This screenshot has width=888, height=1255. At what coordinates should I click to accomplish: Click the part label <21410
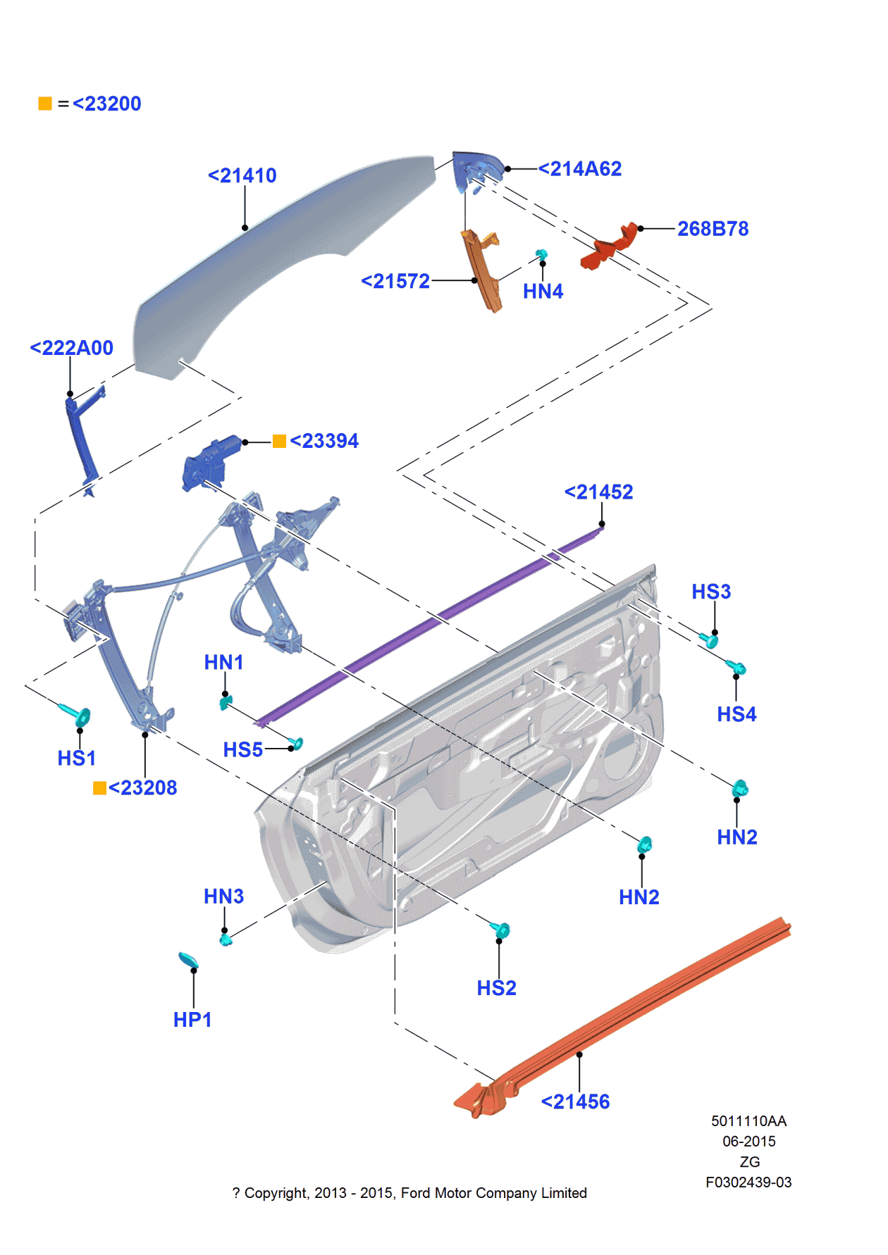pos(242,175)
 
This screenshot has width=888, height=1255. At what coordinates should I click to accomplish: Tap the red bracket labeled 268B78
pos(608,248)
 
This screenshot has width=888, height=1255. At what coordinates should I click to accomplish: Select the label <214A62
pos(579,169)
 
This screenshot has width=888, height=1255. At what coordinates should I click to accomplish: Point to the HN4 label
pos(543,292)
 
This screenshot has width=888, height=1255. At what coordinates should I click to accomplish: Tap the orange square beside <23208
pos(99,788)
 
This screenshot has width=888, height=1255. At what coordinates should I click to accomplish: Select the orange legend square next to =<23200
pos(45,104)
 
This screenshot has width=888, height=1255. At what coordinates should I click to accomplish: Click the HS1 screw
pos(78,715)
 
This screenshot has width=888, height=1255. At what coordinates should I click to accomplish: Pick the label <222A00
pos(71,348)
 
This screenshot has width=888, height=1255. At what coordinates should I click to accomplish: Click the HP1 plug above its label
pos(188,960)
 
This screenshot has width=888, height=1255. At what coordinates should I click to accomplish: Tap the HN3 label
pos(223,897)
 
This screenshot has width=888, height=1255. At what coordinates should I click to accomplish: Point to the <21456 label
pos(575,1102)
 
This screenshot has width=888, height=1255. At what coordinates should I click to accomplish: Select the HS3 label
pos(711,592)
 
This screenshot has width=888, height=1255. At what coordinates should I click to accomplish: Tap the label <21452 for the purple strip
pos(598,492)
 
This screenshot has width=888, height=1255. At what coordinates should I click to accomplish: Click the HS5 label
pos(243,750)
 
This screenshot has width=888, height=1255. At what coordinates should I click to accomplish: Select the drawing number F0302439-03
pos(748,1182)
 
